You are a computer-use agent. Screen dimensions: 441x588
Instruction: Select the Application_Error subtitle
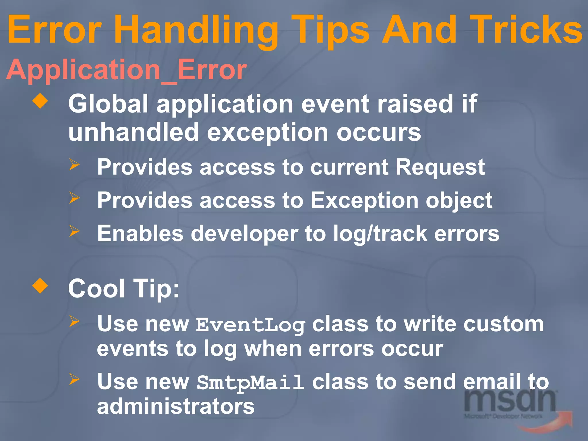[126, 70]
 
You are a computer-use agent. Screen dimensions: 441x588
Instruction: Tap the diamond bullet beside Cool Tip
[40, 286]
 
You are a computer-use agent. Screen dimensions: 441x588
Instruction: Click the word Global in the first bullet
[108, 104]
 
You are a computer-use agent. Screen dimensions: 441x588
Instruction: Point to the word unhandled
[134, 132]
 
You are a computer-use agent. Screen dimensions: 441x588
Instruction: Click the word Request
[440, 167]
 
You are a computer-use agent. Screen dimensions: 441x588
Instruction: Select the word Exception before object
[364, 200]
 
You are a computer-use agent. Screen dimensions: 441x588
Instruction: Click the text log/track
[380, 234]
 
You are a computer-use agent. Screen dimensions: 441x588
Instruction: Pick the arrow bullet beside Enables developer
[74, 231]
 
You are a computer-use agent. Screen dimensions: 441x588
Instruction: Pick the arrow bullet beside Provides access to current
[74, 165]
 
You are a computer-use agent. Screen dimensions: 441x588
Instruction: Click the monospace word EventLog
[250, 325]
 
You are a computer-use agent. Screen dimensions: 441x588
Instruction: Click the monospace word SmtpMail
[250, 383]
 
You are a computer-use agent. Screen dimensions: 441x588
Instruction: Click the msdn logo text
[510, 401]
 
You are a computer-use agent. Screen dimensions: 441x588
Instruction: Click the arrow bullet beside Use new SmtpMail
[74, 379]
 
